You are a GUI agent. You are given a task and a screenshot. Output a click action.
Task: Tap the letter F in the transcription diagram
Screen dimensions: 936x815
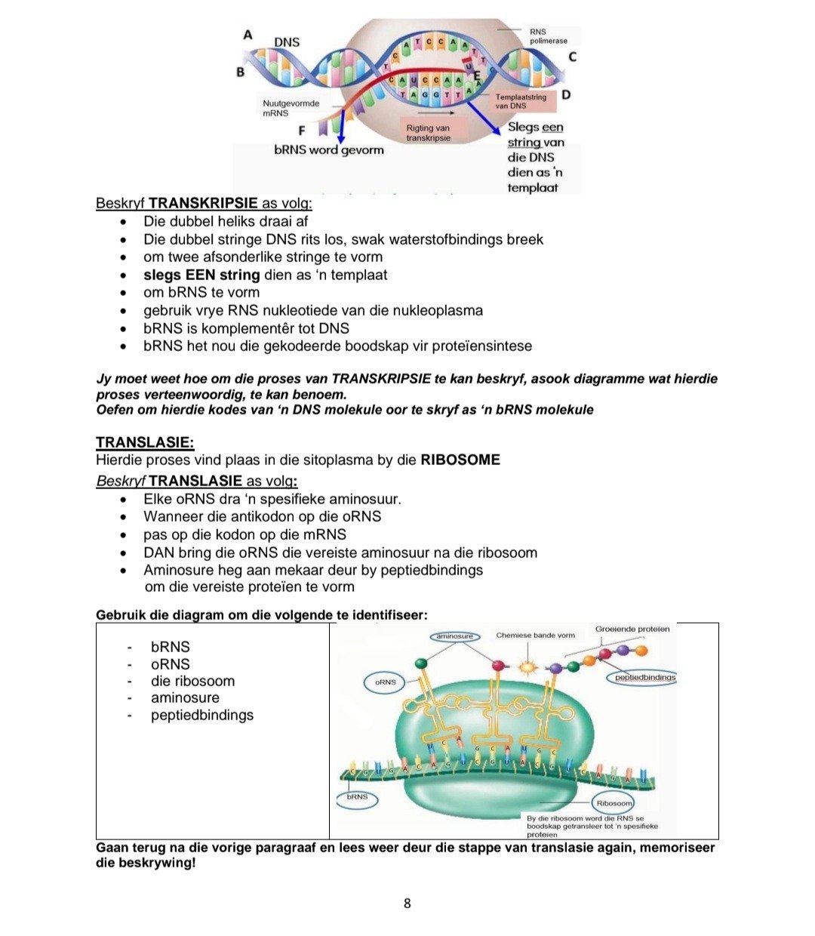(302, 131)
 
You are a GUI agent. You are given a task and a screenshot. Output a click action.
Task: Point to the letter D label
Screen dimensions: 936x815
(566, 95)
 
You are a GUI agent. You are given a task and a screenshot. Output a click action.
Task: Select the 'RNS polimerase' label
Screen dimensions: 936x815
(548, 36)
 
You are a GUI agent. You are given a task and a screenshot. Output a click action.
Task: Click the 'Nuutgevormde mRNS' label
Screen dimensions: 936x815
(291, 108)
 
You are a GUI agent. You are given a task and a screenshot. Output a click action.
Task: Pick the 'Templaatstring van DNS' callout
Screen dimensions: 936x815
(522, 101)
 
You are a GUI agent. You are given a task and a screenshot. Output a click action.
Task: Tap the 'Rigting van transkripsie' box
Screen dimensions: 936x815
(429, 133)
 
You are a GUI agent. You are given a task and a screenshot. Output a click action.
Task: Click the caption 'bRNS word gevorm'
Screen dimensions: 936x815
(329, 150)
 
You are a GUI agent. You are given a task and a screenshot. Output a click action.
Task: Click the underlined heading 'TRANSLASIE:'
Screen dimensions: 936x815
(145, 442)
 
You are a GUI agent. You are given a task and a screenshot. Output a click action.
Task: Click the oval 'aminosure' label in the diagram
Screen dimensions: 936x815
(454, 636)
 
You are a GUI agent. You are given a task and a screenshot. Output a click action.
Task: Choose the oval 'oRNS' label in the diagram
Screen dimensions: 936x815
(385, 682)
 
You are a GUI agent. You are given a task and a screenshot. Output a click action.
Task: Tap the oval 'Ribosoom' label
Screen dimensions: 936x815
(614, 803)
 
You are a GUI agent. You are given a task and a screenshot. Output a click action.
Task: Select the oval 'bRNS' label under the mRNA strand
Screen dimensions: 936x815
(357, 797)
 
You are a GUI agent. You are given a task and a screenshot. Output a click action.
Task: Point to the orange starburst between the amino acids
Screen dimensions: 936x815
(525, 667)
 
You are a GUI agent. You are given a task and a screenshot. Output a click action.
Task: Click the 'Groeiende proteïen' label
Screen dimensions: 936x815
(632, 629)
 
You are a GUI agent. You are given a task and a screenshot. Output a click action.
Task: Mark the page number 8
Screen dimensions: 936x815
(407, 904)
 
